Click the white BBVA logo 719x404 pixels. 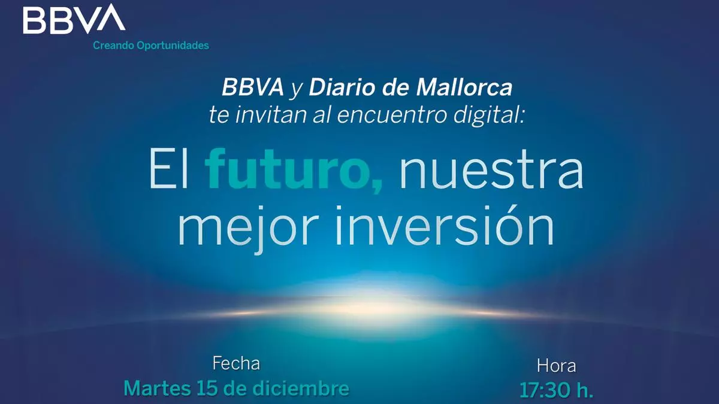click(74, 19)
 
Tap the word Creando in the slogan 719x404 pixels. click(113, 45)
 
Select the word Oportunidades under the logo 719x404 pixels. click(173, 45)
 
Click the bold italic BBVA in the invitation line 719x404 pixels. click(253, 87)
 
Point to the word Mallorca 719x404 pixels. click(464, 87)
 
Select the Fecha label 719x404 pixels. click(236, 364)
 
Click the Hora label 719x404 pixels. click(557, 366)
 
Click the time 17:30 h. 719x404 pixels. click(556, 390)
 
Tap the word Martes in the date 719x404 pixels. click(157, 388)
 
